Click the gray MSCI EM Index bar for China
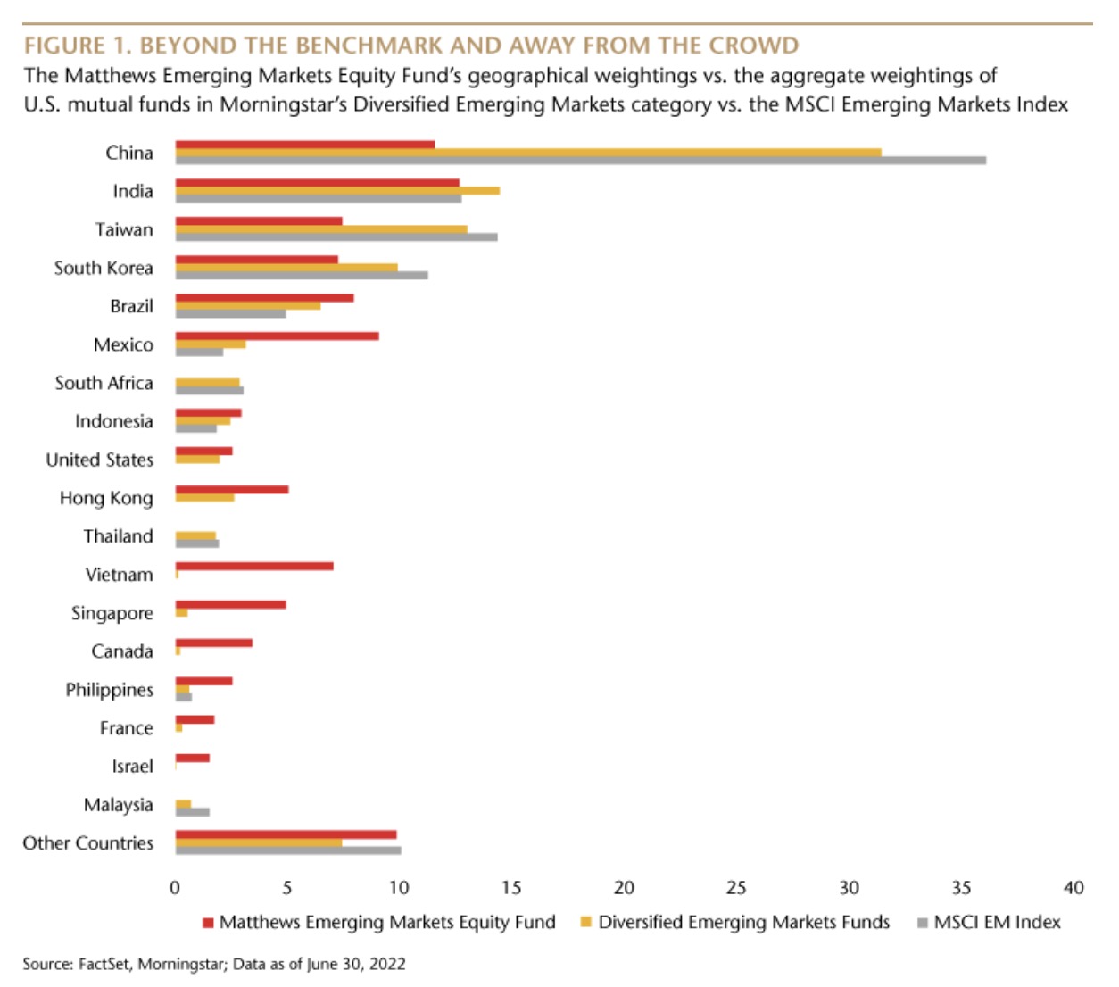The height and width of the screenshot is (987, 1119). click(x=580, y=161)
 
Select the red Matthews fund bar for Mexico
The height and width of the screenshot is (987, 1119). click(x=277, y=336)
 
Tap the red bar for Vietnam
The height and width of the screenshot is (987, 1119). click(x=254, y=566)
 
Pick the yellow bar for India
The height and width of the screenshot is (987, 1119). click(x=337, y=190)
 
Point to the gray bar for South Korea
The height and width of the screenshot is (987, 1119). click(x=302, y=275)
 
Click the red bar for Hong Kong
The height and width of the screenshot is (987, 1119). click(x=232, y=489)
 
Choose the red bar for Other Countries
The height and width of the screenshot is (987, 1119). click(x=286, y=834)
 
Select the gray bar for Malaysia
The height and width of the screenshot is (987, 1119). click(x=193, y=812)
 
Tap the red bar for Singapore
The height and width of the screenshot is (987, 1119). click(x=230, y=604)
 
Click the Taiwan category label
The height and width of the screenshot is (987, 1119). click(x=124, y=229)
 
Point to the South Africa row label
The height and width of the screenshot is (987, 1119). click(x=104, y=383)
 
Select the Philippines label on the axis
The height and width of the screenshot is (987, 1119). click(x=109, y=690)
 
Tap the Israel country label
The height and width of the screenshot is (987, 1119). click(x=132, y=767)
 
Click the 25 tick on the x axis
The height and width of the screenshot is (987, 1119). click(x=736, y=888)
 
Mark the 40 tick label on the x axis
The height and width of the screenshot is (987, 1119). click(x=1073, y=888)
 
